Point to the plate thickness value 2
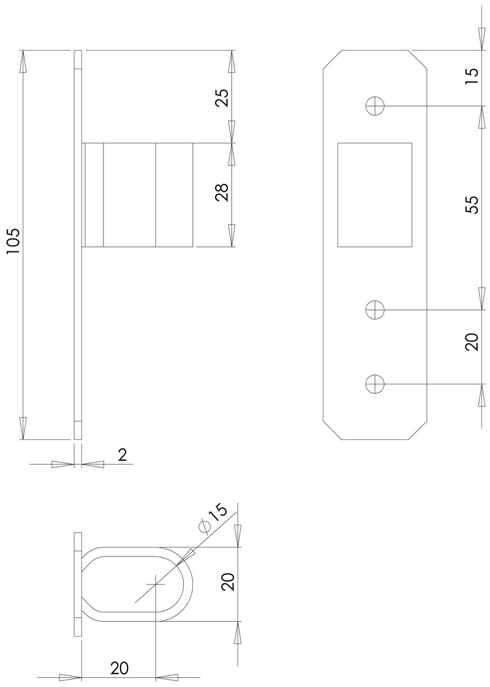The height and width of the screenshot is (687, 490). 121,455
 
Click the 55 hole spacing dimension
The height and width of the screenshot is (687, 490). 471,205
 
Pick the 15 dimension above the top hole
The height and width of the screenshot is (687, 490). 471,75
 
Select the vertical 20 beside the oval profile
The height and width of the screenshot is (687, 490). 228,582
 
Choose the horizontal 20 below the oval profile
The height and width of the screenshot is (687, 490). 119,668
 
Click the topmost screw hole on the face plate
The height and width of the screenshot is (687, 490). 374,106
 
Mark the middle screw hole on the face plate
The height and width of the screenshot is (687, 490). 374,309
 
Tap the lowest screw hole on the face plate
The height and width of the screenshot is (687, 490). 374,384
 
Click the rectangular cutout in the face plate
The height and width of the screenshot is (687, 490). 374,195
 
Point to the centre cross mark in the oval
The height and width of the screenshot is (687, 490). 156,584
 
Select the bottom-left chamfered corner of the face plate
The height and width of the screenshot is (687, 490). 331,431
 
